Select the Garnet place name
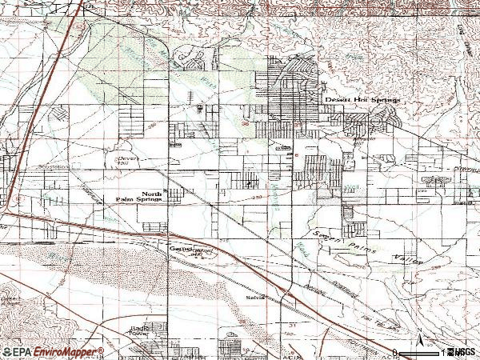[x=178, y=250]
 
